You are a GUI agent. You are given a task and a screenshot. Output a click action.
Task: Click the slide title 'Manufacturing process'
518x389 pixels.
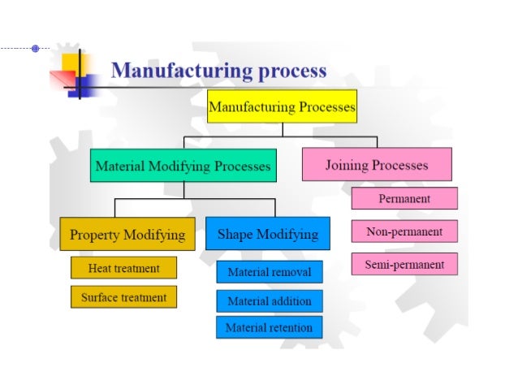(218, 70)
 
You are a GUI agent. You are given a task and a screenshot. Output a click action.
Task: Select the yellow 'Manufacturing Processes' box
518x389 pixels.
(282, 106)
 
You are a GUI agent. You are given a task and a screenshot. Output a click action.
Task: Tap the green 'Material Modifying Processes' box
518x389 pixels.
(183, 166)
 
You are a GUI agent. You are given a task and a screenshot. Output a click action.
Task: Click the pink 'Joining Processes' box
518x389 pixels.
(376, 165)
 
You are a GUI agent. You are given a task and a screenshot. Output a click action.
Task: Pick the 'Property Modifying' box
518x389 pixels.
(127, 236)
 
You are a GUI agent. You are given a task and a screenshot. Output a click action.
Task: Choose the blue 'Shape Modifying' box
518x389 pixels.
(268, 235)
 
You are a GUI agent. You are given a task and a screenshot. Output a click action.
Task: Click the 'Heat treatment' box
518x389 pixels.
(123, 268)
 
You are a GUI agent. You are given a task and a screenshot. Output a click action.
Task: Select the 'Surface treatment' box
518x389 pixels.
(123, 297)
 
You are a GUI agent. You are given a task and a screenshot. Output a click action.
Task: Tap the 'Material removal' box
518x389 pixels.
(269, 272)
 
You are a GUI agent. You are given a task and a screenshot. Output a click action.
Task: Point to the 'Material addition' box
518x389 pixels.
(269, 301)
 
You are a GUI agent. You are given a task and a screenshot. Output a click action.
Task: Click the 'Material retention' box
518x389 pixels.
(269, 328)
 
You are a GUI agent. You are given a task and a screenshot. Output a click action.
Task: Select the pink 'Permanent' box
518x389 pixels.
(404, 198)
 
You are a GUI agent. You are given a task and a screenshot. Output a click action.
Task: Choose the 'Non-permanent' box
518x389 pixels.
(404, 231)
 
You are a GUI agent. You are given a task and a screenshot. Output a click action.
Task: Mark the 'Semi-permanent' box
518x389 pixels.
(404, 264)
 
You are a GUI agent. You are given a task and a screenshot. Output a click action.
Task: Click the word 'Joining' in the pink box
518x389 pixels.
(349, 165)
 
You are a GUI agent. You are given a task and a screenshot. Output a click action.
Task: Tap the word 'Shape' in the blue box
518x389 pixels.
(236, 235)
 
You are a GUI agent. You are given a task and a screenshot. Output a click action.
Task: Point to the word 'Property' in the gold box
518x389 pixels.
(96, 236)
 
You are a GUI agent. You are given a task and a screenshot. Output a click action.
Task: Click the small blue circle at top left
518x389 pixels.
(35, 49)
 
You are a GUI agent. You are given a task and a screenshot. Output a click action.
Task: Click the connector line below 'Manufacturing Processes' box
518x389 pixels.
(282, 128)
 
